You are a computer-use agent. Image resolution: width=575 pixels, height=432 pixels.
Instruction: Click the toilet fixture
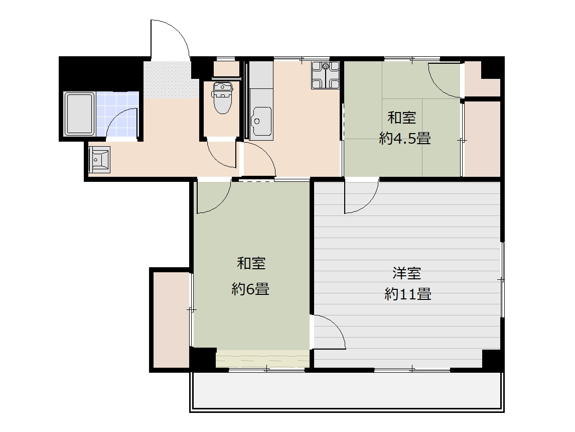click(223, 97)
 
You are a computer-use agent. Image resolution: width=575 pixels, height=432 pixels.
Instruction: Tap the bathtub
click(79, 114)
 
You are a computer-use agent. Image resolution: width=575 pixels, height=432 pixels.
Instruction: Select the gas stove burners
click(325, 75)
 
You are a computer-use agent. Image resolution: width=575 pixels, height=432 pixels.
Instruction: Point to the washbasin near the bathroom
click(99, 159)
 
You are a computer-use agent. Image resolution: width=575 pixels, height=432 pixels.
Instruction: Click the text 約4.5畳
click(405, 138)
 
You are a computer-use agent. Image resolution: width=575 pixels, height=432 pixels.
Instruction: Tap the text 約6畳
click(250, 289)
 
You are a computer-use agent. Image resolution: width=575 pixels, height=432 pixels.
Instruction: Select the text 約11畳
click(407, 294)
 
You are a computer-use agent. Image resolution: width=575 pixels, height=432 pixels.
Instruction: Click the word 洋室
click(407, 273)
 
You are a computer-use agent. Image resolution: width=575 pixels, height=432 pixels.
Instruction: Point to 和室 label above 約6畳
click(251, 264)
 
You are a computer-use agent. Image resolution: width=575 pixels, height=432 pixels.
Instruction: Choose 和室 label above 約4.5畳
click(402, 118)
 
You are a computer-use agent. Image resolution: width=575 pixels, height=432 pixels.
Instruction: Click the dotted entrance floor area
click(167, 79)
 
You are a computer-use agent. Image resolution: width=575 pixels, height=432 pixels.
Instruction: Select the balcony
click(347, 391)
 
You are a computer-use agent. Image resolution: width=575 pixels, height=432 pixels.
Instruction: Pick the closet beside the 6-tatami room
click(171, 319)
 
